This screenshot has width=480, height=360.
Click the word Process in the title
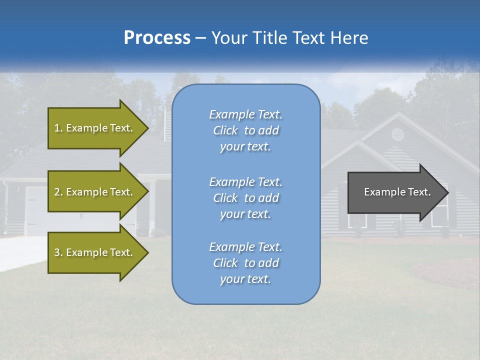157,38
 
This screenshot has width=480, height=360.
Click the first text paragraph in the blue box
245,130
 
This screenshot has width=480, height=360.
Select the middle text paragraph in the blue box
245,198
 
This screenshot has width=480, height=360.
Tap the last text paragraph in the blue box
245,263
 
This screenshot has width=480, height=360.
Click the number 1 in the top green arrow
57,128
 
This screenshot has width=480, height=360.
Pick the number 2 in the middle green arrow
57,192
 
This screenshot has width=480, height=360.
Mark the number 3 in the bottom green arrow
57,252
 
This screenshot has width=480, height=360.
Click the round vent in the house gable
397,134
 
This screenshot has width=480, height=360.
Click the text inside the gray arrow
397,192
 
